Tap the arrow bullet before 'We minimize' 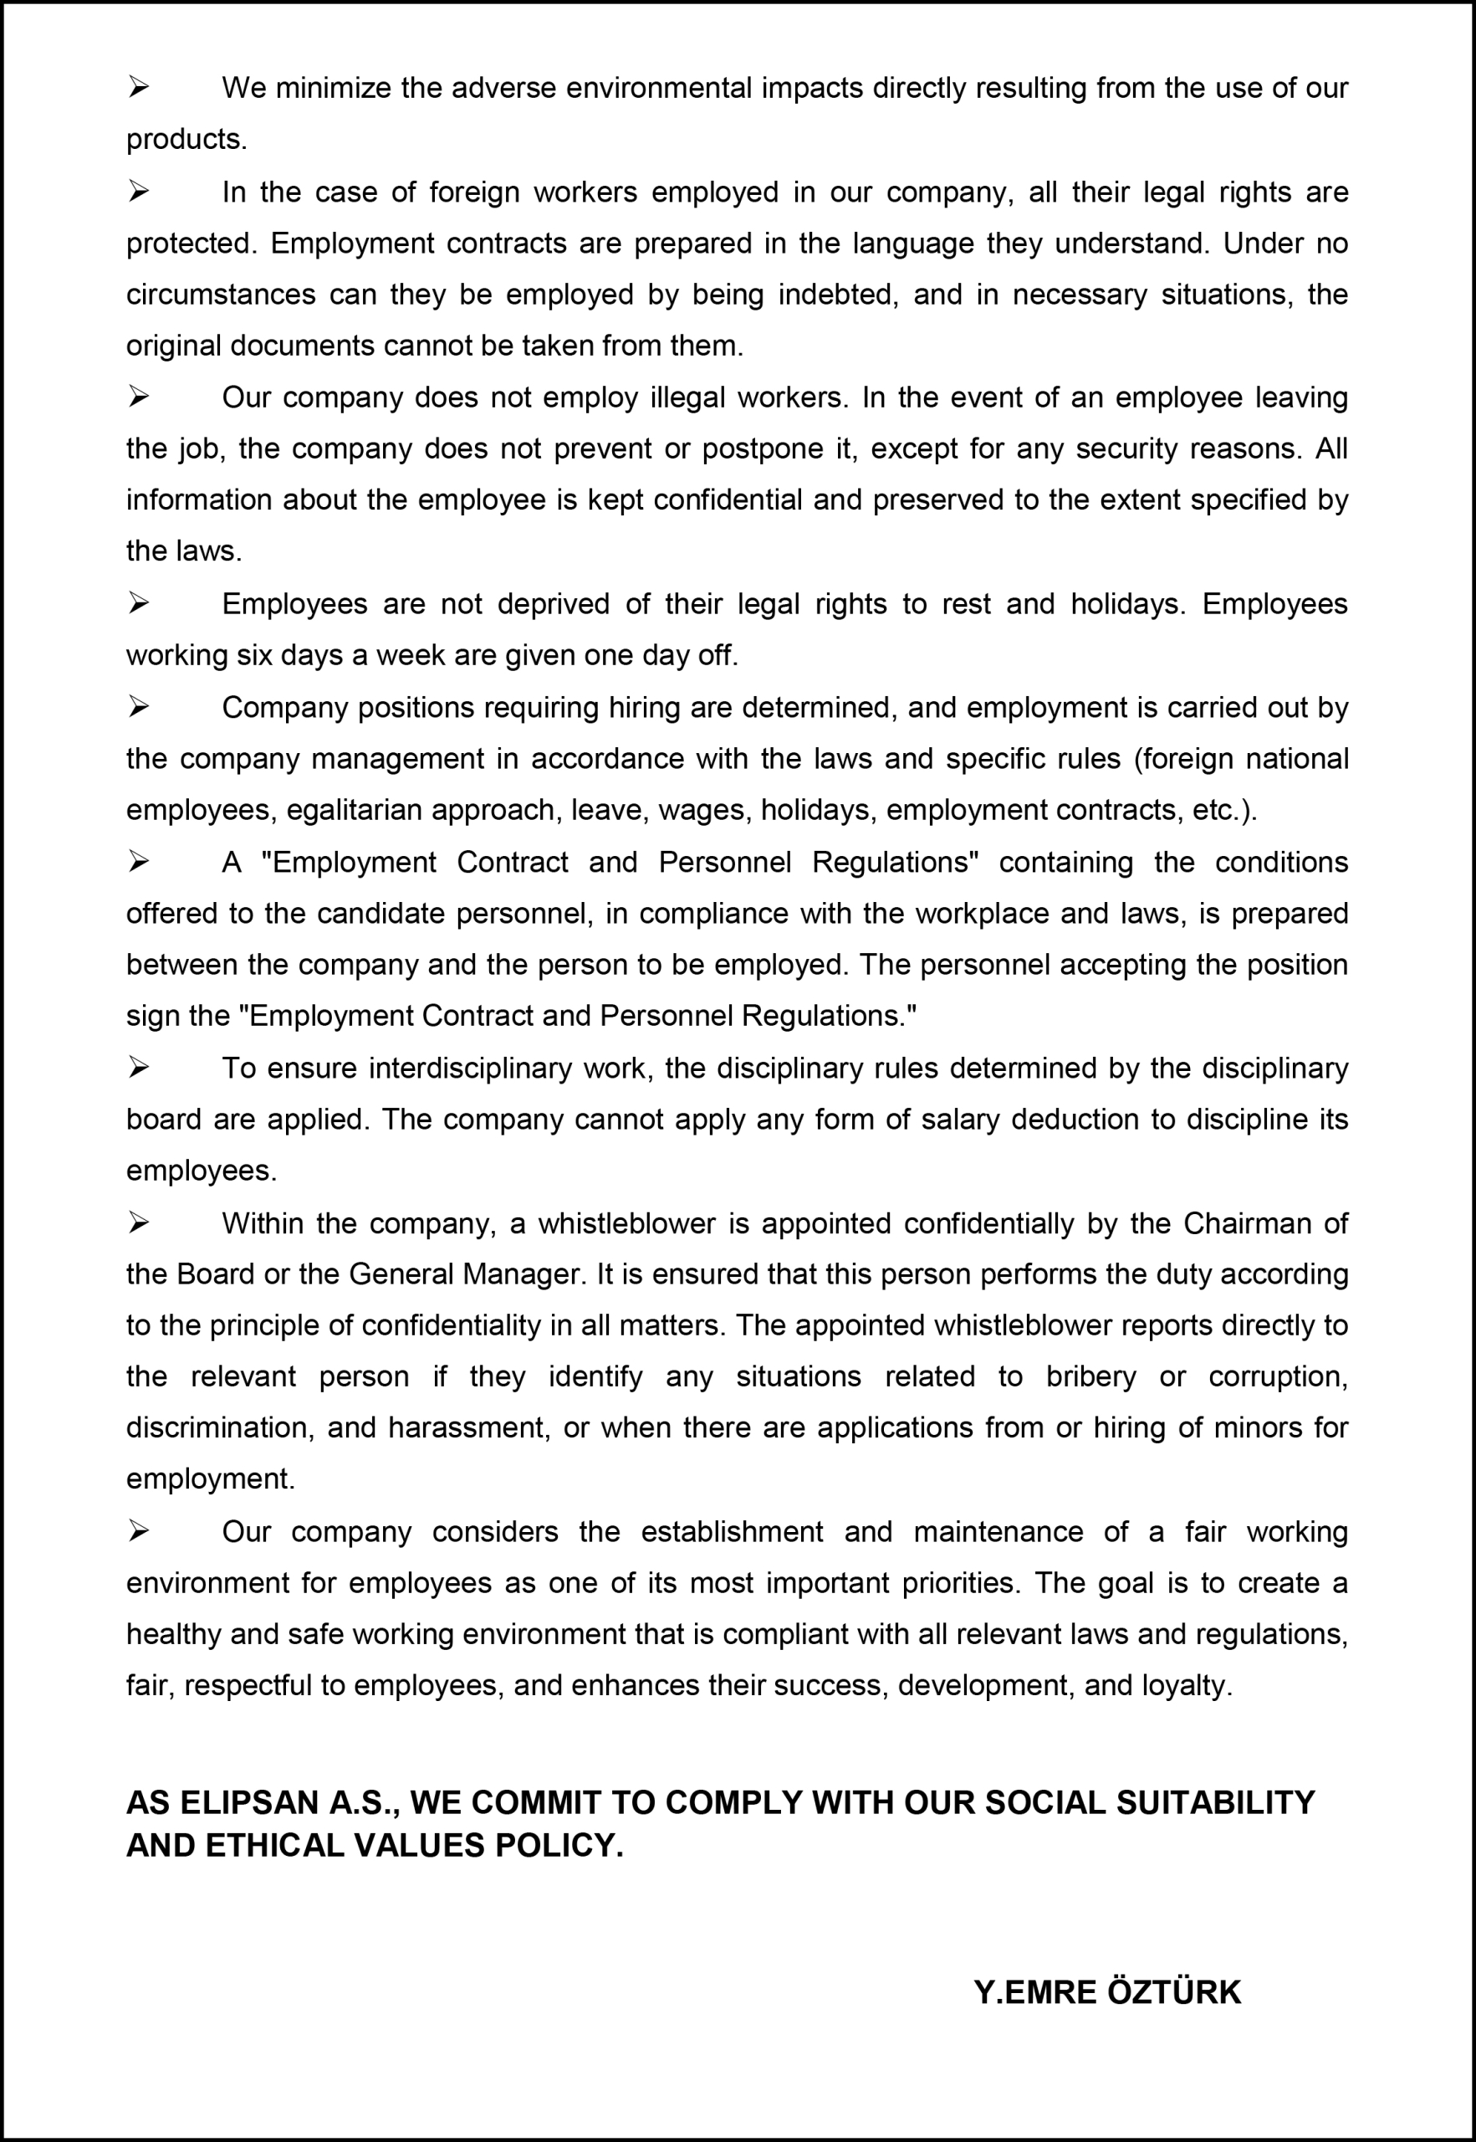pos(139,88)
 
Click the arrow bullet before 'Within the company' pos(139,1223)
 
